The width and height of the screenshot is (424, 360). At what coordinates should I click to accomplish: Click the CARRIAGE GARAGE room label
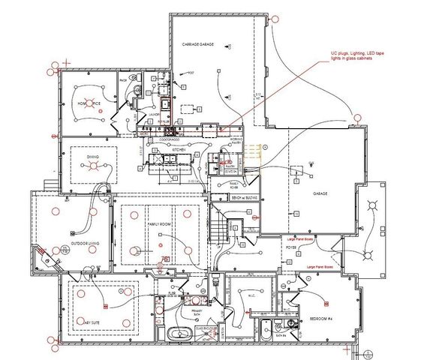coord(198,45)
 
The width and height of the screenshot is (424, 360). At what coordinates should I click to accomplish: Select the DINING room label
coord(92,157)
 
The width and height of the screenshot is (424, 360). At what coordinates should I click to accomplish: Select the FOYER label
coord(292,247)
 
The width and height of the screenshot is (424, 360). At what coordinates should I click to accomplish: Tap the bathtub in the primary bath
coord(181,332)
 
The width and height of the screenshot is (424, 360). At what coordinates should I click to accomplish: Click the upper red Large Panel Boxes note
coord(299,239)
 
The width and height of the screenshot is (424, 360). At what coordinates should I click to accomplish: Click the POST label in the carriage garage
coord(191,73)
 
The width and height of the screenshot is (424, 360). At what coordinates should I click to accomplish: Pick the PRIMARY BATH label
coord(196,312)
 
